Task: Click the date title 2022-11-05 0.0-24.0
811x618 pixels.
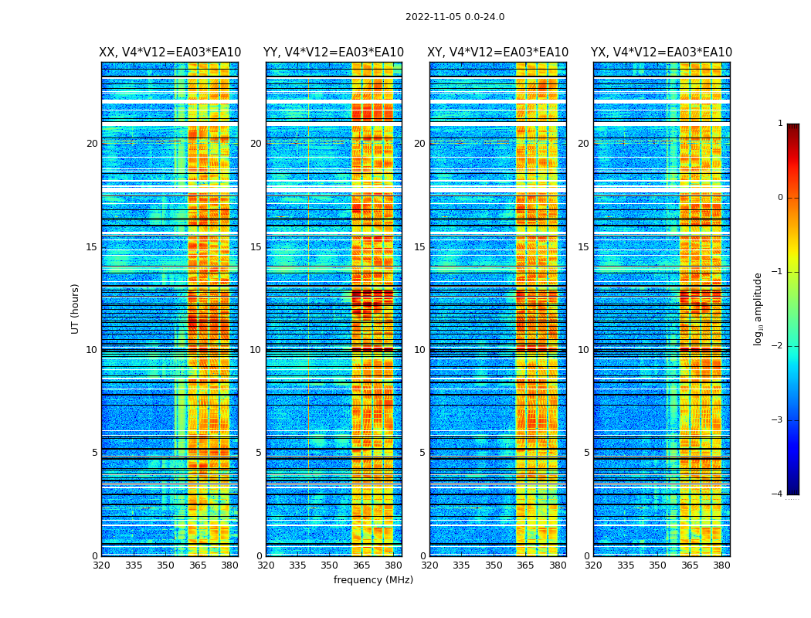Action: coord(455,17)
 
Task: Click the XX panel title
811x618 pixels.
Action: coord(170,53)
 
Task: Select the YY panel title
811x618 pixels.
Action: coord(334,53)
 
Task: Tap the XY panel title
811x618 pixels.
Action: coord(498,53)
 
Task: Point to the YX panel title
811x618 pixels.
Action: coord(661,53)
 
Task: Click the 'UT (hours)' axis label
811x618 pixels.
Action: coord(75,308)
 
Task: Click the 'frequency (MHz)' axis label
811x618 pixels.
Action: coord(373,580)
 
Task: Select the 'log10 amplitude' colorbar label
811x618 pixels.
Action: coord(758,308)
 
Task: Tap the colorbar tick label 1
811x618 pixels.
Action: coord(780,124)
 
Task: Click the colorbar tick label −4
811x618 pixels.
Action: coord(778,494)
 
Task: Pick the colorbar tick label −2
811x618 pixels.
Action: coord(778,346)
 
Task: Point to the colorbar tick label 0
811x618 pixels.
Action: coord(780,198)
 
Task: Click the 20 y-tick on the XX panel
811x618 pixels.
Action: coord(92,144)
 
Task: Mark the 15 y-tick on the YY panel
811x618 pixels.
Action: coord(256,247)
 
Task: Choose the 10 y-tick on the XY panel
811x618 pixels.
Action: coord(419,350)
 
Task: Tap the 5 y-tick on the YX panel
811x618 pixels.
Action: coord(586,453)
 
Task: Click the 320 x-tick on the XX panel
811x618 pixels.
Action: coord(101,565)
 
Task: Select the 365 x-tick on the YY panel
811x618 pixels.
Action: coord(361,565)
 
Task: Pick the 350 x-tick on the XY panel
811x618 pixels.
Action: coord(494,565)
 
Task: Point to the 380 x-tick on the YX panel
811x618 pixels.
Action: coord(721,565)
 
